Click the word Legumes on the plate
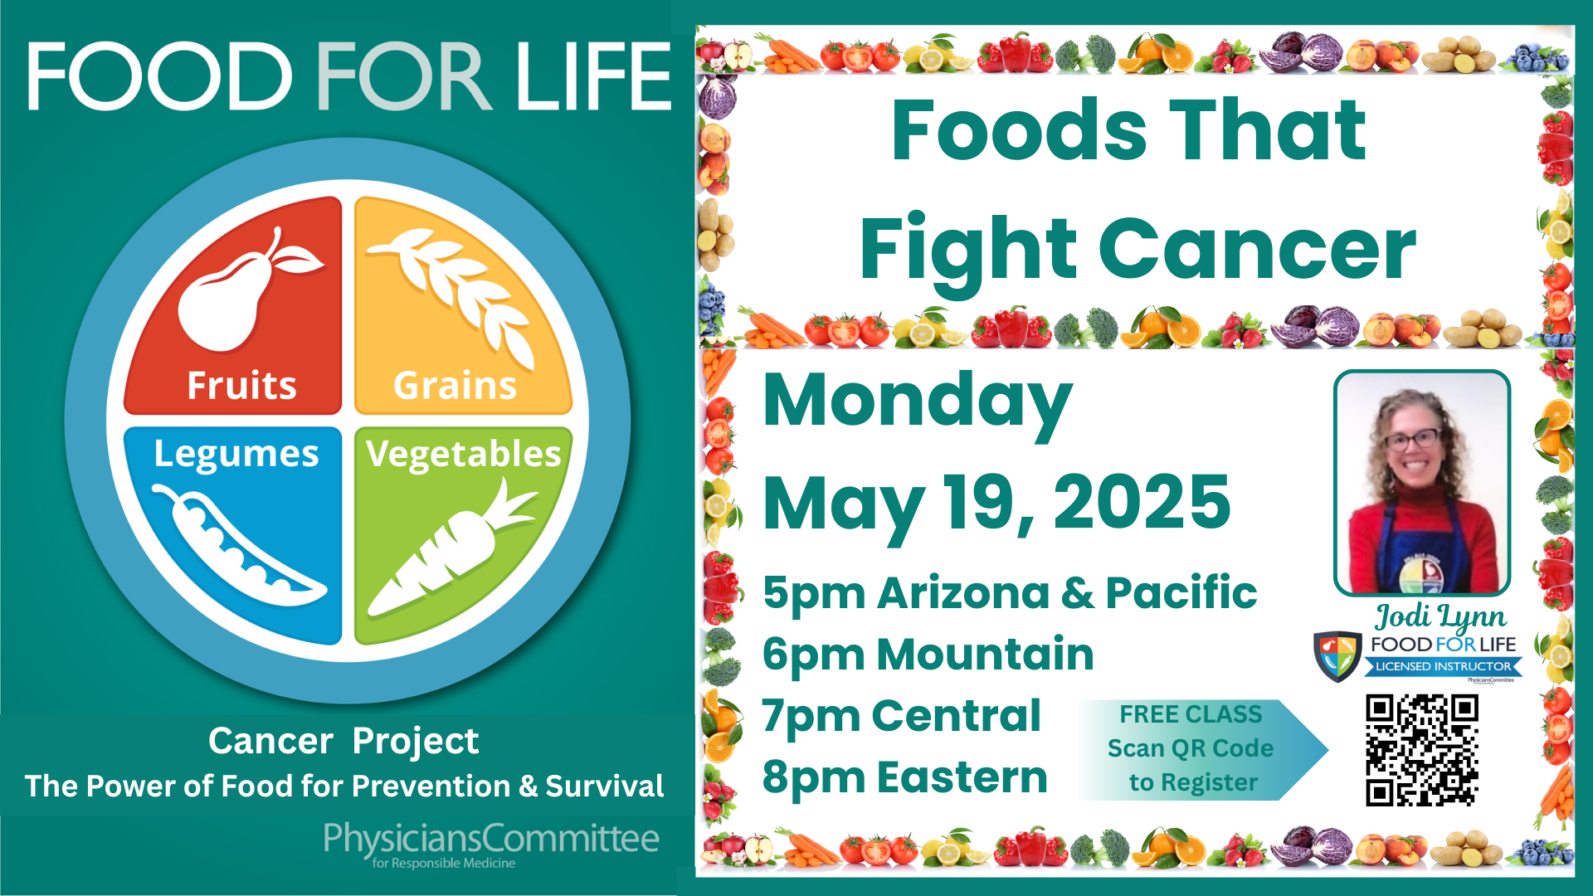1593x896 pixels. click(236, 455)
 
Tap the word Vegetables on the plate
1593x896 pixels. click(464, 455)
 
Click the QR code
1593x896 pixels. click(1422, 751)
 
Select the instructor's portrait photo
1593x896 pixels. click(1422, 483)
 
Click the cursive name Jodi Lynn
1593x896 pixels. click(1441, 616)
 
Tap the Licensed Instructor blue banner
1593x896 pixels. click(1444, 666)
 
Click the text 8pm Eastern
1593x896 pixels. click(904, 778)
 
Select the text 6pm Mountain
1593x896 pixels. click(928, 655)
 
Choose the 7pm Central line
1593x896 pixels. click(901, 716)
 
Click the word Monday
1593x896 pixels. click(918, 403)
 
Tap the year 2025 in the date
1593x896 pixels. click(1142, 502)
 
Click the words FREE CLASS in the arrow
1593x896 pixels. click(1191, 714)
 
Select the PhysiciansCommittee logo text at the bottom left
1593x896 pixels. click(491, 845)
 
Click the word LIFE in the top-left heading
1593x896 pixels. click(592, 76)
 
